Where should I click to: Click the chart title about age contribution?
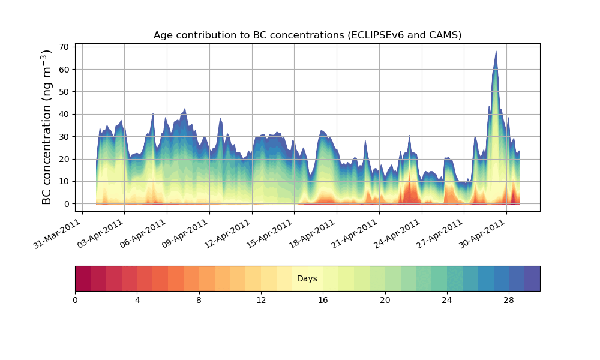tap(307, 35)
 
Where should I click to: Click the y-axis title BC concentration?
tap(47, 127)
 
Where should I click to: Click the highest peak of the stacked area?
tap(496, 52)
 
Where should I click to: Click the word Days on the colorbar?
tap(307, 279)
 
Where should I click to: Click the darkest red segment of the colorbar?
tap(83, 278)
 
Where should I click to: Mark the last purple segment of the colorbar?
tap(532, 278)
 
